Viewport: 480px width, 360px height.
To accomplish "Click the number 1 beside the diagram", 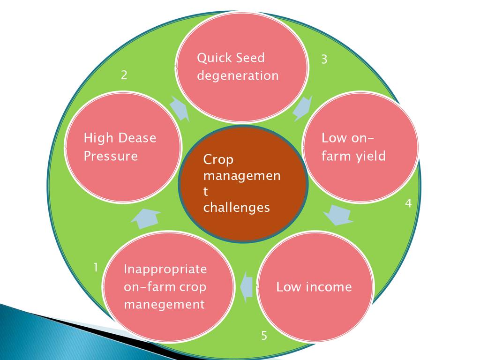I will (x=95, y=268).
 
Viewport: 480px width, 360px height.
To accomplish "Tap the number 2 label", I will (x=124, y=75).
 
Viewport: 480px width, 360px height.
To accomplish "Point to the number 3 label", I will (x=324, y=60).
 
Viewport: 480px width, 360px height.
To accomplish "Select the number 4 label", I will (x=408, y=203).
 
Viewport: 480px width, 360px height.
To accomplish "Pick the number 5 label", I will (x=264, y=336).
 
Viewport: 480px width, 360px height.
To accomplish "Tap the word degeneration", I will (x=238, y=75).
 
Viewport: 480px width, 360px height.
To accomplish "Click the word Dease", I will (x=137, y=138).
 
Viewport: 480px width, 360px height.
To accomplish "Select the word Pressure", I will (x=111, y=156).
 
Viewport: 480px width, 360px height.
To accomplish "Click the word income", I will (x=328, y=287).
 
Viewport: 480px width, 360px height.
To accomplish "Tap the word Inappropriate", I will (x=165, y=270).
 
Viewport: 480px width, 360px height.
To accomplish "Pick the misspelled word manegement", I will (x=164, y=305).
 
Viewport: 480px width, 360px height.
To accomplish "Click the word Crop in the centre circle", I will (x=218, y=160).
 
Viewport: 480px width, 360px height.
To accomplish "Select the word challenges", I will (x=236, y=208).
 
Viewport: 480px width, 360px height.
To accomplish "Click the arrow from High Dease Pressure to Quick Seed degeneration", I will (x=180, y=109).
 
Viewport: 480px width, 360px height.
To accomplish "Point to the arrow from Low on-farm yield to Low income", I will (x=338, y=215).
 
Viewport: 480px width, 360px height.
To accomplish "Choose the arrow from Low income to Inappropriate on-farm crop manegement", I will (x=246, y=286).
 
